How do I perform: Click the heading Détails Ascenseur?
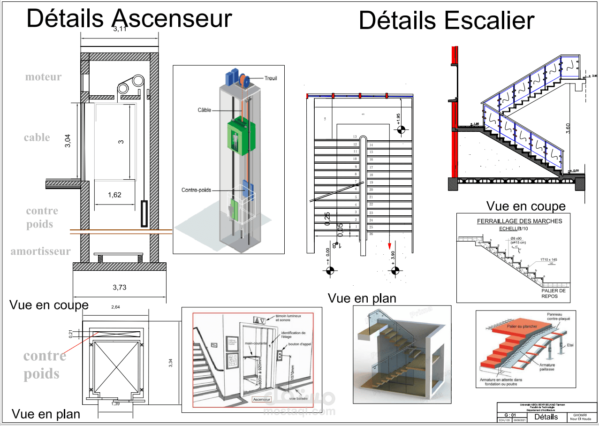pos(129,19)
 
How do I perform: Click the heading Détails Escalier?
pos(446,21)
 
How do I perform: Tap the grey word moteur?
pos(43,77)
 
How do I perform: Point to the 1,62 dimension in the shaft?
pos(114,195)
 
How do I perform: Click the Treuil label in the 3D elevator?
pos(271,78)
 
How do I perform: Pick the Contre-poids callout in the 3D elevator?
pos(196,190)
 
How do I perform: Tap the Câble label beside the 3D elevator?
pos(205,110)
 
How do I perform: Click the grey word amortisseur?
pos(41,251)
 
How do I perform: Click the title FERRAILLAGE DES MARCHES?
pos(519,221)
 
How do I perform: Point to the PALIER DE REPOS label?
pos(554,293)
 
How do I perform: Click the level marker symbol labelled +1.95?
pos(401,129)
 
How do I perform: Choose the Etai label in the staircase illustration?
pos(570,345)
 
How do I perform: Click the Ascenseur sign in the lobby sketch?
pos(262,399)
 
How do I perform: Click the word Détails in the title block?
pos(546,417)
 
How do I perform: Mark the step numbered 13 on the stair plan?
pos(355,137)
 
